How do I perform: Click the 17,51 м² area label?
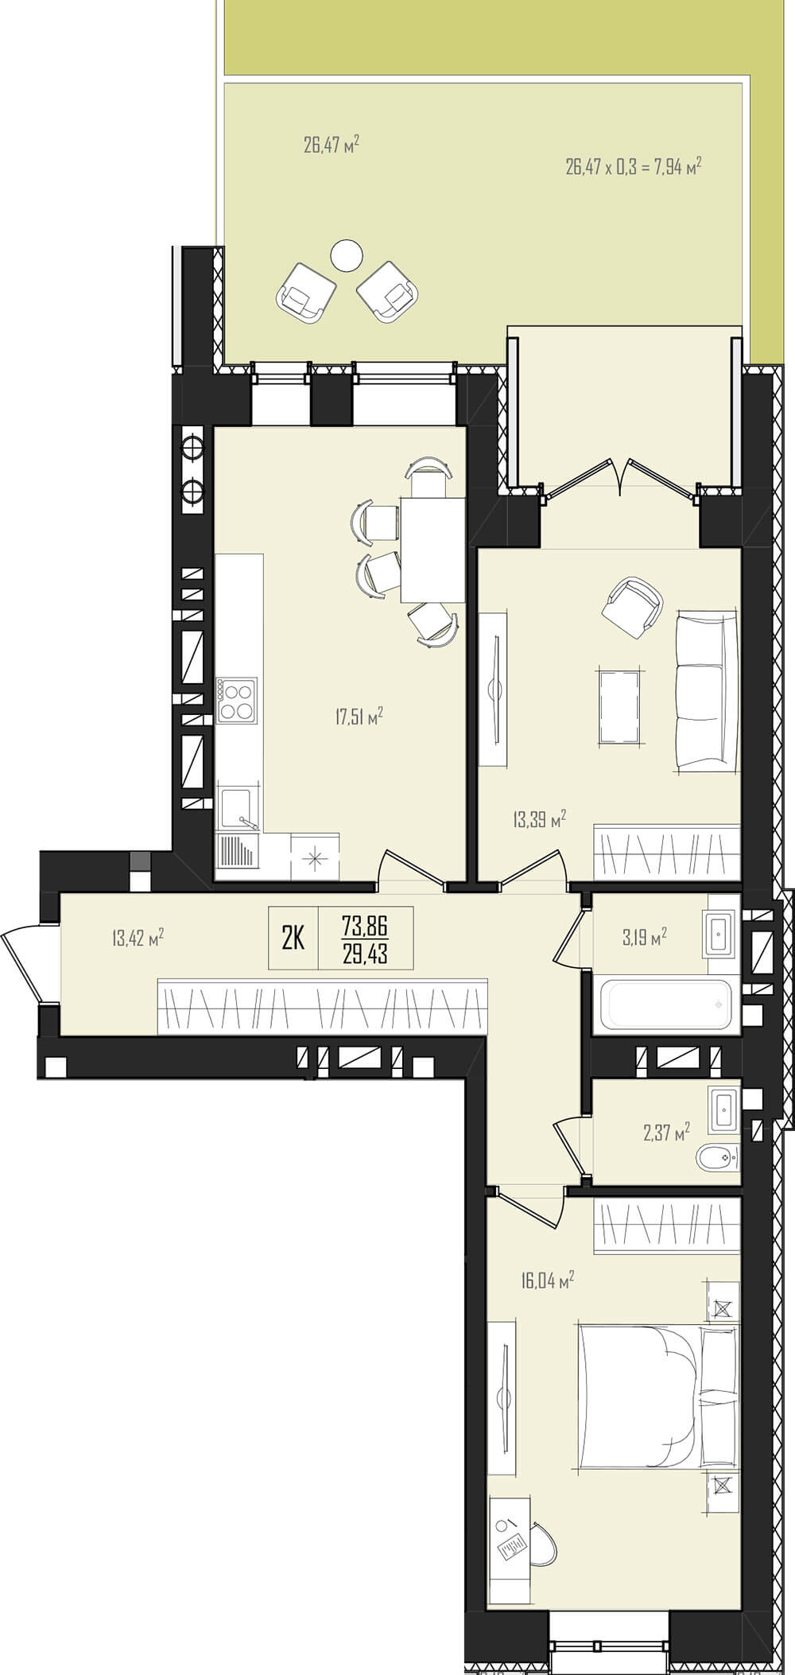(x=359, y=717)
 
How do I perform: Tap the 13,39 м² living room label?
(x=540, y=819)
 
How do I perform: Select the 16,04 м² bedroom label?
(x=548, y=1280)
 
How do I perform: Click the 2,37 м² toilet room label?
(x=666, y=1130)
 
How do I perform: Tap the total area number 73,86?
(x=365, y=925)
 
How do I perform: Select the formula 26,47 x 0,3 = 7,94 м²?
(x=634, y=167)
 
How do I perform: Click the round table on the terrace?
(x=346, y=255)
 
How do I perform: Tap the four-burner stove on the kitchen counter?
(x=237, y=701)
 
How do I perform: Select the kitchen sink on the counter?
(x=238, y=808)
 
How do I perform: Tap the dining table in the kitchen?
(x=432, y=550)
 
